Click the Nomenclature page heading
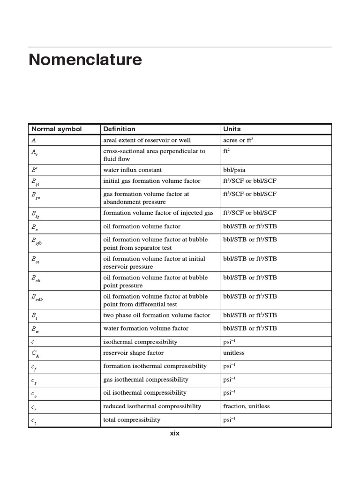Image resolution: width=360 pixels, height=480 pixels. [85, 60]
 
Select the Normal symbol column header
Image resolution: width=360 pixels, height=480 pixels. [56, 129]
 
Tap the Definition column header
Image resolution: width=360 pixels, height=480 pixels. [119, 129]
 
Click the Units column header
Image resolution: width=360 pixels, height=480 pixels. [232, 129]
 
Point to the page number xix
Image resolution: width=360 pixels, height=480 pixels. [174, 434]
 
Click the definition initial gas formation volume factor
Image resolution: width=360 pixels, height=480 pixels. [151, 181]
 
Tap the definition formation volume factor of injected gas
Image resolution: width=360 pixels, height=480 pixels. [158, 213]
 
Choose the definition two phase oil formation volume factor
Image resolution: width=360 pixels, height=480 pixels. [157, 315]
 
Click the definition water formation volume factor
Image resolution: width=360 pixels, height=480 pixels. [145, 329]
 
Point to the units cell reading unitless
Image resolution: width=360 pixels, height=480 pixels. [234, 353]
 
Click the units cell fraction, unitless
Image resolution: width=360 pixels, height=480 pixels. [247, 406]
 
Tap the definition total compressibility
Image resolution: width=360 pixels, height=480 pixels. [132, 420]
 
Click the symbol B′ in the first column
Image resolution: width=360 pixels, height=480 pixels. [34, 170]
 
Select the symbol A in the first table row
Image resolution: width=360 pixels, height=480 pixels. [33, 140]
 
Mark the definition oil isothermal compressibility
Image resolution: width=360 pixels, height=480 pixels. [144, 393]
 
